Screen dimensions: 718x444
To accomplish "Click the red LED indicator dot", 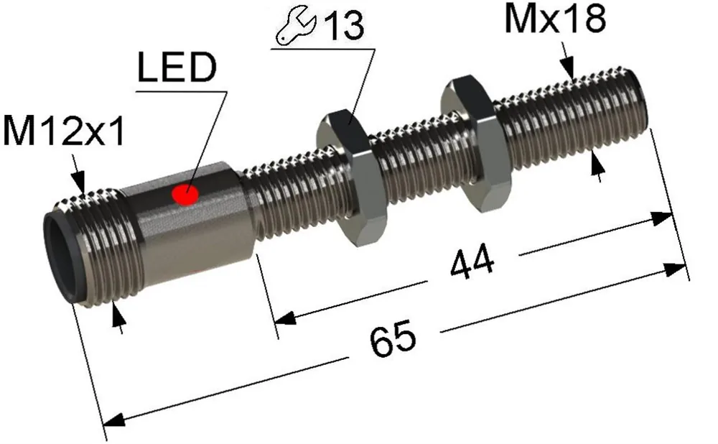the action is tap(185, 194).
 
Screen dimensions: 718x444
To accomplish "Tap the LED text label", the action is tap(177, 68).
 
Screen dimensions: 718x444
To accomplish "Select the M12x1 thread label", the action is tap(64, 131).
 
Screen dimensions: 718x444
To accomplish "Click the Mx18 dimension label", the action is tap(555, 19).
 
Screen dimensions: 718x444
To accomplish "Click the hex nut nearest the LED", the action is tap(352, 179).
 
